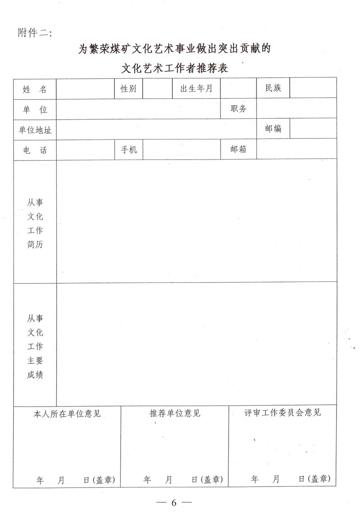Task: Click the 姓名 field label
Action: click(x=35, y=89)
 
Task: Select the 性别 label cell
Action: click(x=128, y=89)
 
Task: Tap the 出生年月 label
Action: click(x=196, y=89)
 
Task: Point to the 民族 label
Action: click(x=273, y=88)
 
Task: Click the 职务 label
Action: click(x=238, y=108)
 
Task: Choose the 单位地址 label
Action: click(x=35, y=130)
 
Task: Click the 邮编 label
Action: click(x=273, y=129)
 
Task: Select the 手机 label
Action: click(x=129, y=150)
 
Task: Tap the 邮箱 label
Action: click(x=238, y=149)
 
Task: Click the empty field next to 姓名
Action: click(x=85, y=89)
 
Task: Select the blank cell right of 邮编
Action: click(x=313, y=129)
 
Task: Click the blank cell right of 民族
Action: click(x=313, y=88)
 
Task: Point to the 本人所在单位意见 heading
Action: click(x=67, y=413)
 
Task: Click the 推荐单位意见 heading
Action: click(x=175, y=413)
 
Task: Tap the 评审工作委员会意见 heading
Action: click(x=283, y=412)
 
